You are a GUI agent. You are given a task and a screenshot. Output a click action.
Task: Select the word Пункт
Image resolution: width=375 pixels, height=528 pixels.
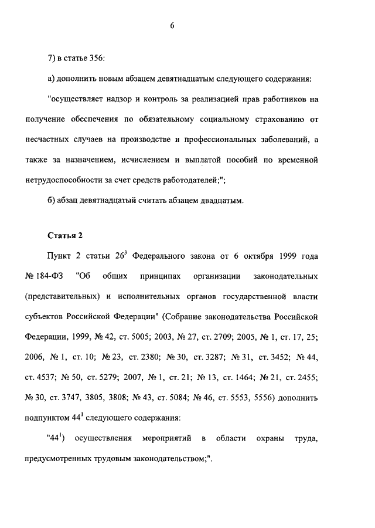60,256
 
